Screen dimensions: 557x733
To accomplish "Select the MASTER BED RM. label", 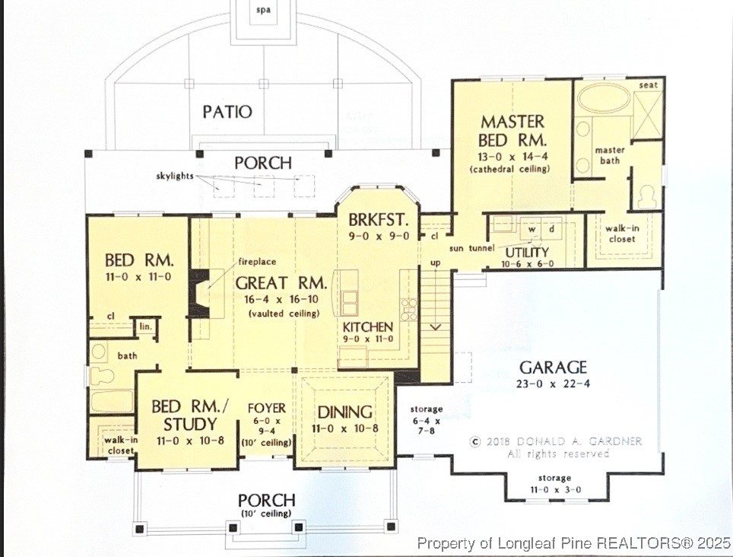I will click(x=513, y=130).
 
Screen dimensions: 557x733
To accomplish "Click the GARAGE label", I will click(x=553, y=367).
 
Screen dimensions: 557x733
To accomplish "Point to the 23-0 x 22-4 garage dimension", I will click(x=553, y=384).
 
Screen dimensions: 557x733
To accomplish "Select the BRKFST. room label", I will click(x=379, y=221).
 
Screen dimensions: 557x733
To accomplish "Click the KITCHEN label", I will click(x=367, y=326).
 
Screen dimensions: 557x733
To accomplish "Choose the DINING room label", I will click(x=344, y=412).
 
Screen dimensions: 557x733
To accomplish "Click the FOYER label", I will click(x=267, y=408).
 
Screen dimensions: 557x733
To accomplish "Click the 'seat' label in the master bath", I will click(x=648, y=85).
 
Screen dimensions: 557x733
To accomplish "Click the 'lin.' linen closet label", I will click(x=145, y=326).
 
